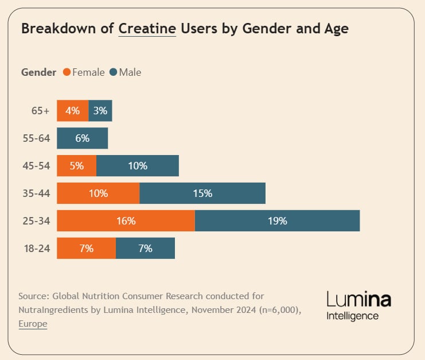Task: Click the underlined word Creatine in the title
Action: point(147,29)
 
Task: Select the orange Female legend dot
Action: point(67,72)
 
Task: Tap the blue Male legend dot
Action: point(114,72)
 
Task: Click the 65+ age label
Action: point(41,111)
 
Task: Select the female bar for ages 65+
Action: point(73,111)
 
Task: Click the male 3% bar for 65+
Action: point(100,111)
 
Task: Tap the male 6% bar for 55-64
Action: point(82,138)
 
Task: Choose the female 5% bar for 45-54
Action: point(76,166)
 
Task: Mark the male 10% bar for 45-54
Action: point(138,166)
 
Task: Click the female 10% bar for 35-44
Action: point(98,193)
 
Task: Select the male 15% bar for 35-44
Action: point(202,193)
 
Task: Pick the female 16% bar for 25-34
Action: point(126,221)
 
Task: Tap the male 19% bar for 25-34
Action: point(277,221)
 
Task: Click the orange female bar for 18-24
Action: point(86,249)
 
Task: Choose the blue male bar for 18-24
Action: point(145,249)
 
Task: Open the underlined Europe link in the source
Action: point(33,324)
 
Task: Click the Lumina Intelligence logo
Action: point(358,305)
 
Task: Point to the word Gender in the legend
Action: point(38,72)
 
